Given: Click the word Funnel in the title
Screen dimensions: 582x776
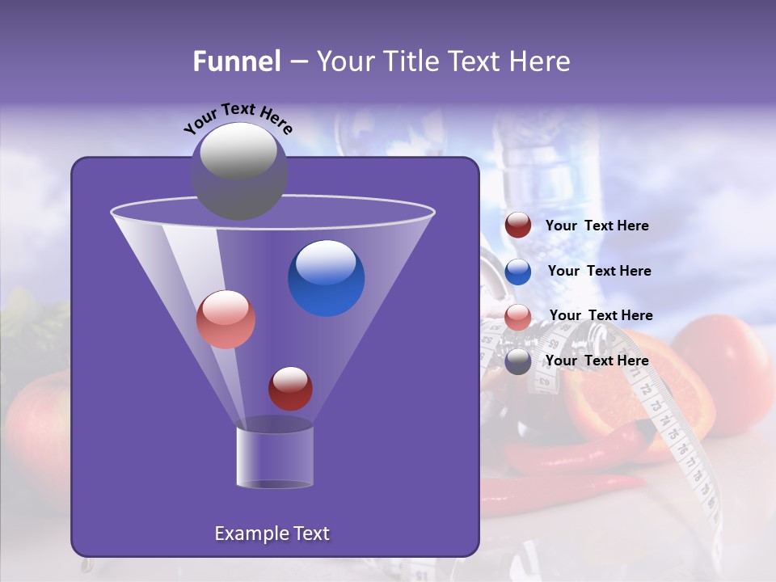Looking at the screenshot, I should (x=236, y=61).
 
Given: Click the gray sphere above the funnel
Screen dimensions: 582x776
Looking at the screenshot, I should (x=239, y=170).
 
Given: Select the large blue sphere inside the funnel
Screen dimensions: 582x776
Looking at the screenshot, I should (x=326, y=278).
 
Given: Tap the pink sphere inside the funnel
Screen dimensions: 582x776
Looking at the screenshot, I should (x=226, y=319).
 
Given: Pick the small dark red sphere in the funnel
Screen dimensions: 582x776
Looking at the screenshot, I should (x=290, y=388).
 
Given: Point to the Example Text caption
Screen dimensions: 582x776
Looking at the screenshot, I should (x=272, y=533).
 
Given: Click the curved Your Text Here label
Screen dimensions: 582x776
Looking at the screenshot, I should (x=238, y=118).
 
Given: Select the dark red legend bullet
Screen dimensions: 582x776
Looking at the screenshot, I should (x=518, y=226).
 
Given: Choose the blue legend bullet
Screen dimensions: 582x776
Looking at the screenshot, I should (x=518, y=272).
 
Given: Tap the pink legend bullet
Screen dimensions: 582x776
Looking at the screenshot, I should (x=518, y=317).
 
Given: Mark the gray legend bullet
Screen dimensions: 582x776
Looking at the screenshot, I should (x=518, y=361).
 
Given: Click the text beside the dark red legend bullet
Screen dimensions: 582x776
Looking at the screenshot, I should (x=597, y=226).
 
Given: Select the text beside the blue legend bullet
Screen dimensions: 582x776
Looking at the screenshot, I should (x=599, y=271).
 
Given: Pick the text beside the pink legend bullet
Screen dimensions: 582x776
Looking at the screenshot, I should (x=601, y=315).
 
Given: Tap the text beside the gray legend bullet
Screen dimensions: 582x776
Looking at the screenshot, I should (x=597, y=361).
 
